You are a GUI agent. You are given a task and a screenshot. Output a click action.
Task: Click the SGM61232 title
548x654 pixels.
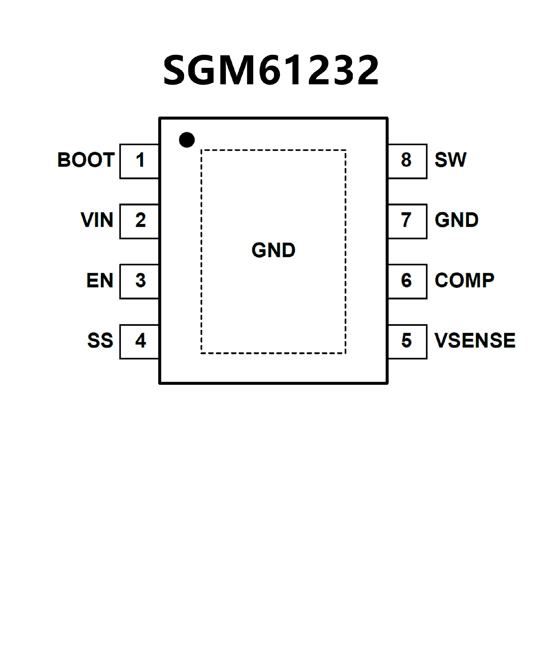coord(271,70)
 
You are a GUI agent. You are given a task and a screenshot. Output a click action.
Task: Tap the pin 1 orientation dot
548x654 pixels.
coord(187,140)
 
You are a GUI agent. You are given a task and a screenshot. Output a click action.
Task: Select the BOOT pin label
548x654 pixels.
coord(86,160)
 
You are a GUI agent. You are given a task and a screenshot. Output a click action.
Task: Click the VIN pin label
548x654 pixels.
coord(97,220)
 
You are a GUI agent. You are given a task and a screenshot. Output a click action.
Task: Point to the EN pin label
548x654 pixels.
coord(100,280)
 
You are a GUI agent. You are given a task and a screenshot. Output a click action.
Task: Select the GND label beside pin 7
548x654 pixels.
coord(456,220)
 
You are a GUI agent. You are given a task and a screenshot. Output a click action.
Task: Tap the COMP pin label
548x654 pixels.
coord(464,280)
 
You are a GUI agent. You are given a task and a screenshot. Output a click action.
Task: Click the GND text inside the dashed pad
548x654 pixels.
coord(273,250)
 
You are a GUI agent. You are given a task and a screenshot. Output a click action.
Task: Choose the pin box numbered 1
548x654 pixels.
coord(140,161)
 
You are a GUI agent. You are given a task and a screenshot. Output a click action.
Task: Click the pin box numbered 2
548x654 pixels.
coord(140,222)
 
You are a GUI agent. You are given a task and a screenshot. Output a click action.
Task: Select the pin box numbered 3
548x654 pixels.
coord(140,281)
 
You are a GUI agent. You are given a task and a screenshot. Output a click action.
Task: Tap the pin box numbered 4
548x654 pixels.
coord(140,342)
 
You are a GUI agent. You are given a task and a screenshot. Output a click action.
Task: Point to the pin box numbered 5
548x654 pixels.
coord(407,342)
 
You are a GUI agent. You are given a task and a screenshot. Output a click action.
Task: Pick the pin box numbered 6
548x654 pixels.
coord(407,281)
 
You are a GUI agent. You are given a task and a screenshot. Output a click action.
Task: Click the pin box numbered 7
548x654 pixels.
coord(407,222)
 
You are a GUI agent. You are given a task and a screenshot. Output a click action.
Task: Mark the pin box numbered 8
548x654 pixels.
coord(407,161)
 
